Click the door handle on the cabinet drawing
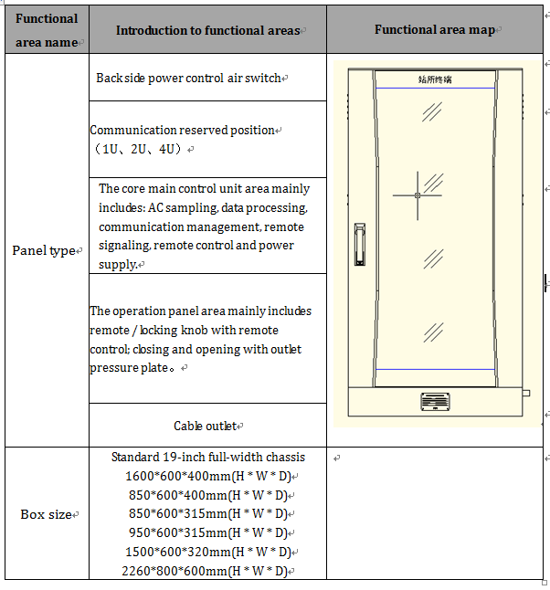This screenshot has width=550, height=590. pos(359,244)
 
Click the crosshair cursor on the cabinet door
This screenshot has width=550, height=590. pos(418,195)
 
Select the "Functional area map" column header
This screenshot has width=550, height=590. pos(435,30)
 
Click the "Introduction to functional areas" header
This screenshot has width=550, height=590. pos(208,31)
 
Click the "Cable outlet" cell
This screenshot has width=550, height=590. pos(206,426)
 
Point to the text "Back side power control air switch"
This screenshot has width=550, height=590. pos(190,79)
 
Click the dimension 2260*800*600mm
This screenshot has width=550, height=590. pos(207,572)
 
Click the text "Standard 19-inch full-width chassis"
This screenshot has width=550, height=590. pos(208,457)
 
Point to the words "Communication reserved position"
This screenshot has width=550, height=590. pos(183,130)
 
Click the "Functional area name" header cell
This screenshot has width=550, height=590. pos(47,30)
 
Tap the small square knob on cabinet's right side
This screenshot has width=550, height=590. pos(525,394)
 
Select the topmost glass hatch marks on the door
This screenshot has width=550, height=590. pos(432,111)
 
